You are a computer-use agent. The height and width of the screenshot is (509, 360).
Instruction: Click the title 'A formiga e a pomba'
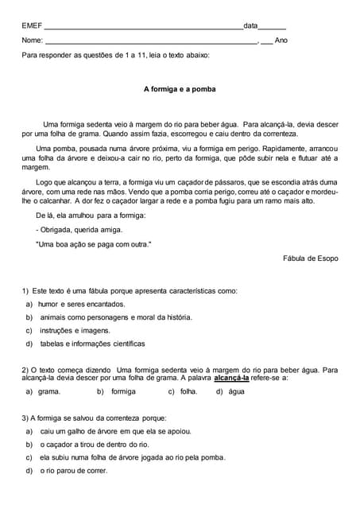[180, 90]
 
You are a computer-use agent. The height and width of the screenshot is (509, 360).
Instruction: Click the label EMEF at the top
[32, 25]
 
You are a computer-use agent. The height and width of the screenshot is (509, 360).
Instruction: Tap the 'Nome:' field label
[33, 40]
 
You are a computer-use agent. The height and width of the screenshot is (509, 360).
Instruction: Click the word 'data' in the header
[250, 25]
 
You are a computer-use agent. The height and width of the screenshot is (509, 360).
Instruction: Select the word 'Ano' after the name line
[281, 40]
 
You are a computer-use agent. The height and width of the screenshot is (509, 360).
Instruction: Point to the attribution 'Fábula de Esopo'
[310, 258]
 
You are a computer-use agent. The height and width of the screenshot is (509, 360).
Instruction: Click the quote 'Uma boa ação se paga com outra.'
[93, 243]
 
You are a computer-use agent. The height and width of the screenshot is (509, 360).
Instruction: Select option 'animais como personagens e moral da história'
[115, 317]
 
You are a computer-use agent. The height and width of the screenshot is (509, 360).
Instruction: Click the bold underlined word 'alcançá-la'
[231, 378]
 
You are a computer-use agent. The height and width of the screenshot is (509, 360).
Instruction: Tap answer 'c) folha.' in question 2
[183, 391]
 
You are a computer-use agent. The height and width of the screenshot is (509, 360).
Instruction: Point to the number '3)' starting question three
[25, 418]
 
